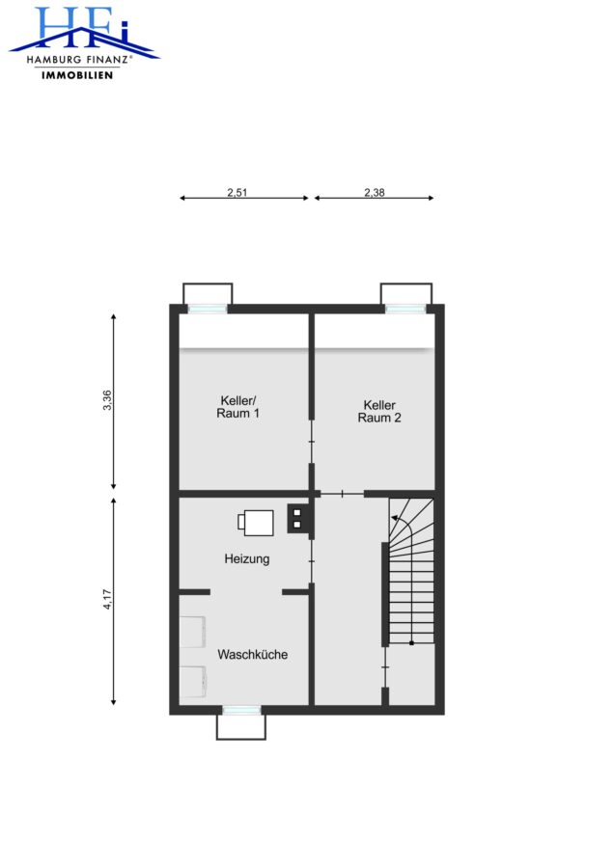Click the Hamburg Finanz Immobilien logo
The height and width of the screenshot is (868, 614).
pos(84,42)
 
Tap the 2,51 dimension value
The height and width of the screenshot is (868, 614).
pos(237,192)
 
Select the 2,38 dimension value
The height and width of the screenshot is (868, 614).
pos(375,192)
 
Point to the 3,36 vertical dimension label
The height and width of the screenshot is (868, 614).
pos(107,400)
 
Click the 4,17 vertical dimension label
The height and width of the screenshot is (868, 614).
pos(107,599)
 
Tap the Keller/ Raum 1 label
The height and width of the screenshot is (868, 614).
pos(237,407)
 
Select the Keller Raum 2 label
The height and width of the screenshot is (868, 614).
pos(379,411)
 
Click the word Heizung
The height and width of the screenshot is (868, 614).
pos(247,559)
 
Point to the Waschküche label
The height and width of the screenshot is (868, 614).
pos(253,654)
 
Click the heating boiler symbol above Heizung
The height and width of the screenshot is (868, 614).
pos(256,523)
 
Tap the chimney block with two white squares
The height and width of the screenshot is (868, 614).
pos(297,518)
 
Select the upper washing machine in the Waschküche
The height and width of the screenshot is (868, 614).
pos(193,632)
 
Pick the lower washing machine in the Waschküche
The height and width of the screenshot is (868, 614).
pos(193,682)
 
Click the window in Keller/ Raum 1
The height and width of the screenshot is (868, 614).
pos(208,309)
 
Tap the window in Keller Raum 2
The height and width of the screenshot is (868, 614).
pos(406,309)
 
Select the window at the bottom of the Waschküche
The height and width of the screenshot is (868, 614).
pos(241,710)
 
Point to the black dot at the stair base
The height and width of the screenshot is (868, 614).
pos(411,643)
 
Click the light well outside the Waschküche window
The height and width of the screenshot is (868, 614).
pos(241,727)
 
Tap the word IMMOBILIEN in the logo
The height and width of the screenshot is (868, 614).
pos(77,74)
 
